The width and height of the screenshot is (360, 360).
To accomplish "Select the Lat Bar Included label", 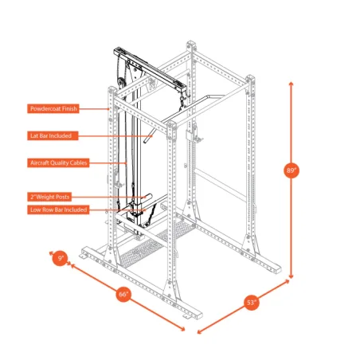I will pos(51,135).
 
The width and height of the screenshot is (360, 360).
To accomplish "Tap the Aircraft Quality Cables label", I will pos(57,162).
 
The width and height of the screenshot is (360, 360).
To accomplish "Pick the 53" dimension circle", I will pos(251,303).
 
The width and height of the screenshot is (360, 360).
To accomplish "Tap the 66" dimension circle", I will pos(123,294).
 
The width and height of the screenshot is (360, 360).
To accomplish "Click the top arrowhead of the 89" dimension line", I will pos(292,81).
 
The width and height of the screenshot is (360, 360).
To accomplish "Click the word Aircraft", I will pos(38,162).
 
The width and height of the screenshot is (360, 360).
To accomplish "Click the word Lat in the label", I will pos(33,135).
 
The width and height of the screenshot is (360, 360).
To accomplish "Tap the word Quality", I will pos(58,162).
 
